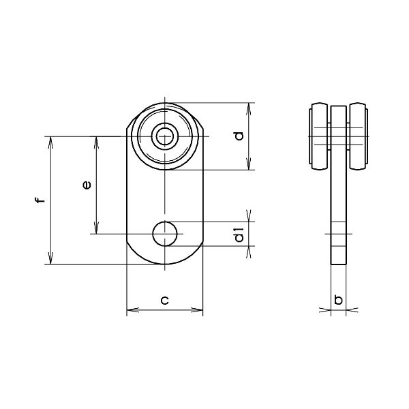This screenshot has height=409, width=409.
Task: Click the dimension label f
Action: (40, 200)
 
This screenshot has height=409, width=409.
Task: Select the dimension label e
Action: (87, 185)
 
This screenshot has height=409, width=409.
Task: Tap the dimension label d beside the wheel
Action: (239, 136)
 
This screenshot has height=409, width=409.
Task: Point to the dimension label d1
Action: (239, 234)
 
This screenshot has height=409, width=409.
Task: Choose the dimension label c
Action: (164, 300)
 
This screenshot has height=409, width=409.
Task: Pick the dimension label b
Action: (338, 299)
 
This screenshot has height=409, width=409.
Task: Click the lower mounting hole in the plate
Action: (165, 234)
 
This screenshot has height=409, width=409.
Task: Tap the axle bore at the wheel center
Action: (165, 136)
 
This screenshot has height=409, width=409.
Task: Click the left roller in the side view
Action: (319, 136)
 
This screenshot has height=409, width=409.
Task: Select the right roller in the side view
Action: (359, 136)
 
